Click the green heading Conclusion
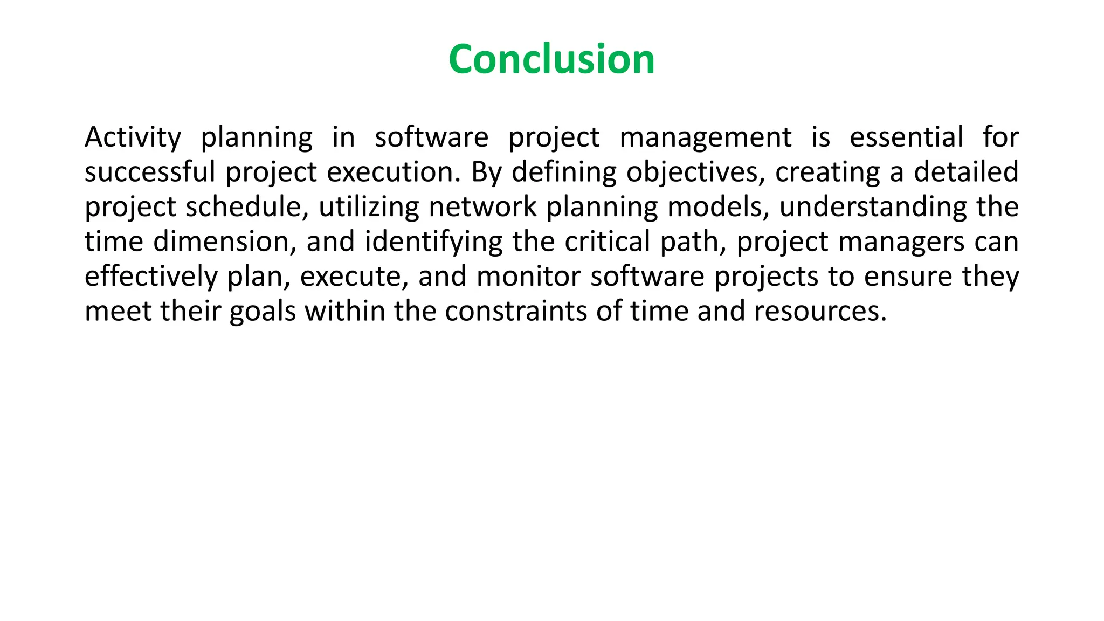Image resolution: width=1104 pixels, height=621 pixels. click(x=551, y=59)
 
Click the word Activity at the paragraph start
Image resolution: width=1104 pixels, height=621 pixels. click(x=133, y=137)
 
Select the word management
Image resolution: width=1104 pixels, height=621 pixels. click(x=706, y=137)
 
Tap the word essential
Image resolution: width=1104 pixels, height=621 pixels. click(x=906, y=137)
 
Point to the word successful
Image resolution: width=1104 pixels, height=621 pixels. click(x=150, y=172)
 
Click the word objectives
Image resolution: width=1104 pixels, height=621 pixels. click(x=695, y=172)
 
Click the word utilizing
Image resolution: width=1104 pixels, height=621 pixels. click(x=369, y=207)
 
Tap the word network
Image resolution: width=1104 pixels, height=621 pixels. click(x=482, y=207)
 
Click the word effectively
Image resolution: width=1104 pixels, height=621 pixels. click(x=151, y=277)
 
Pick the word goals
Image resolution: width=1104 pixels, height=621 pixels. click(x=263, y=312)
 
